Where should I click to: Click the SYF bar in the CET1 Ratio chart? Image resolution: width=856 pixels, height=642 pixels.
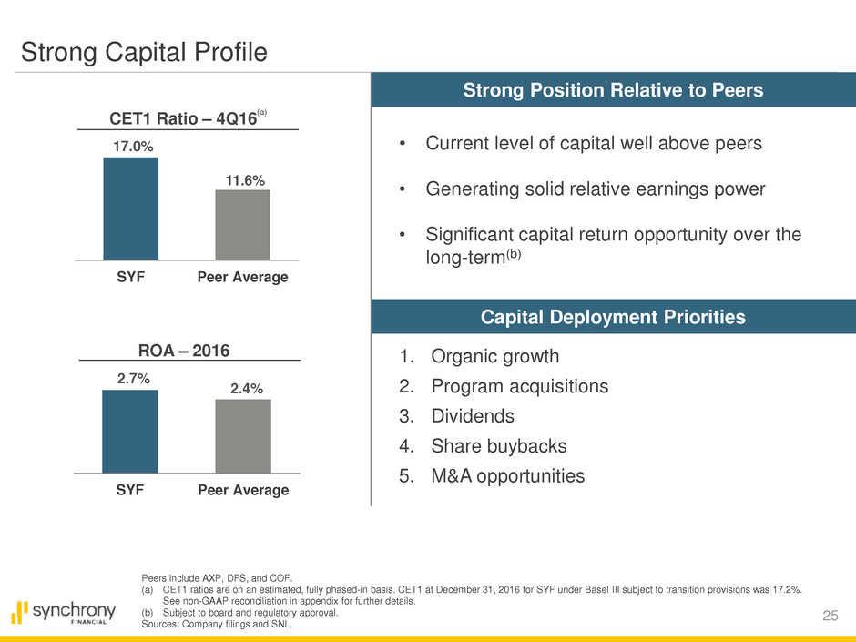point(130,209)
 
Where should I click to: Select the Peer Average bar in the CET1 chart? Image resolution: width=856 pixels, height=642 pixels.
point(242,225)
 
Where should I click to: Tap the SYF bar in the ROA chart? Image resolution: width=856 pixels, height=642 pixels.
point(130,432)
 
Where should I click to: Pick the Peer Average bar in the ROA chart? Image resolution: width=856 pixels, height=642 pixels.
point(242,436)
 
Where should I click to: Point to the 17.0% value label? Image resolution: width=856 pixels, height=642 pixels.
point(130,144)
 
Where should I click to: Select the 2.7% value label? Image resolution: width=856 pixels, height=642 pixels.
point(130,376)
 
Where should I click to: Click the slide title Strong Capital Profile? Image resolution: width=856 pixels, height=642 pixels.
point(145,53)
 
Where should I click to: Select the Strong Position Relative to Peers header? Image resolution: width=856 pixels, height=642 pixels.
point(613,91)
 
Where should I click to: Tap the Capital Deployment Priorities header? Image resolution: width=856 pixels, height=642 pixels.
point(613,317)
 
